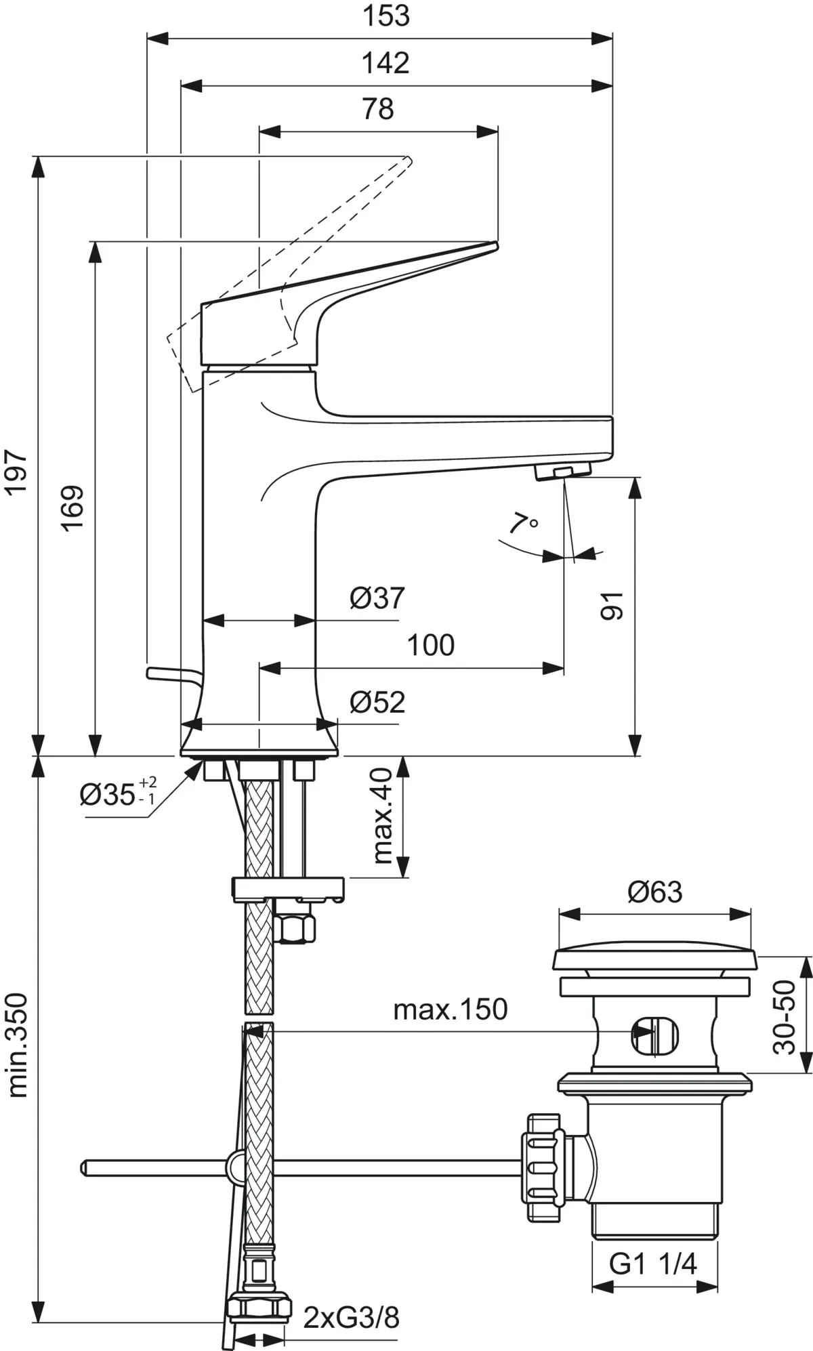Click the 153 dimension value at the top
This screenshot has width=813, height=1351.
pyautogui.click(x=385, y=16)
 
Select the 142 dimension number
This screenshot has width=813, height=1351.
pyautogui.click(x=385, y=63)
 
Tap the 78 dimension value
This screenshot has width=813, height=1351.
pyautogui.click(x=378, y=109)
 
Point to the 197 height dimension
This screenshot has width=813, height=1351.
pyautogui.click(x=16, y=472)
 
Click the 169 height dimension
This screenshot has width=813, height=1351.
pyautogui.click(x=73, y=508)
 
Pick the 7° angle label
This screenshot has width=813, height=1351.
pyautogui.click(x=522, y=524)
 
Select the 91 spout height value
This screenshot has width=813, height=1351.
pyautogui.click(x=613, y=605)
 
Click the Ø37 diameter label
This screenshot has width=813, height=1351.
pyautogui.click(x=377, y=598)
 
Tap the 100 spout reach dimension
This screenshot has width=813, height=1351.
pyautogui.click(x=430, y=646)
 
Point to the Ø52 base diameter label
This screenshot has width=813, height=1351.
pyautogui.click(x=377, y=703)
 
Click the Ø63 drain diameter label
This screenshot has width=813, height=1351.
pyautogui.click(x=654, y=892)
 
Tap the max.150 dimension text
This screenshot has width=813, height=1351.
pyautogui.click(x=450, y=1010)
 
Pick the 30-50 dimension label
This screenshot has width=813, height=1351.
pyautogui.click(x=785, y=1017)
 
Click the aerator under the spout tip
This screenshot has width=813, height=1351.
pyautogui.click(x=562, y=472)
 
